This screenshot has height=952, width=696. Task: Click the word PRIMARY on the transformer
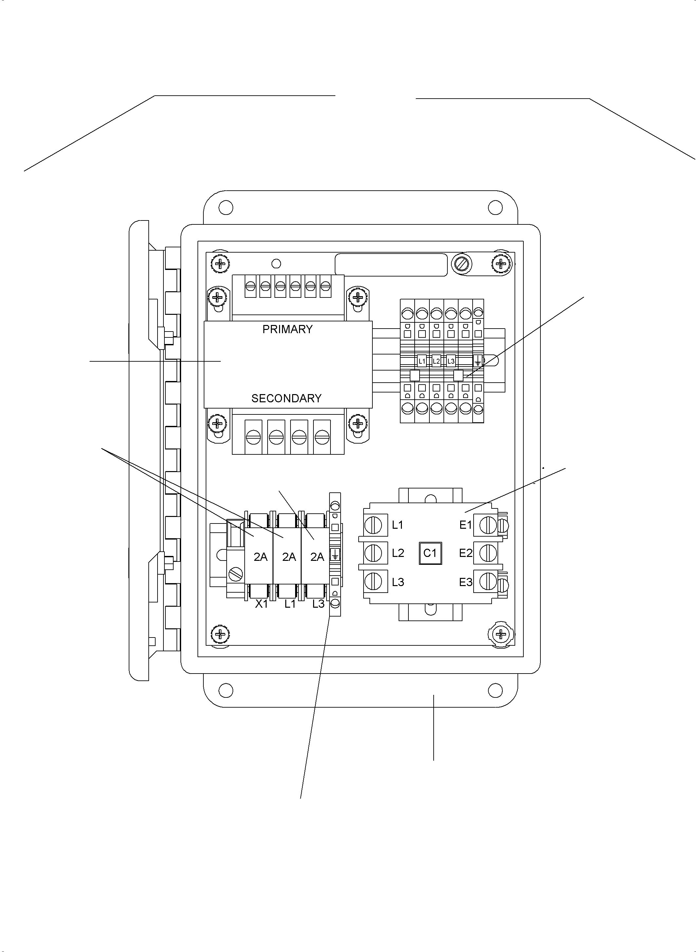(x=287, y=330)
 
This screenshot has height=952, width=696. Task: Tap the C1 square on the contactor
(x=430, y=553)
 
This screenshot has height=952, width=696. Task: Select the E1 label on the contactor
(x=465, y=525)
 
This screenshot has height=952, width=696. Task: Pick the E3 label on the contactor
(x=465, y=582)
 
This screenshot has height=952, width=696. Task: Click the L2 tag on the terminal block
(x=436, y=361)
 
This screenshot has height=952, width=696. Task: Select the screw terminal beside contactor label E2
(x=488, y=553)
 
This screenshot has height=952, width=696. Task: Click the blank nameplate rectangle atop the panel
(x=391, y=265)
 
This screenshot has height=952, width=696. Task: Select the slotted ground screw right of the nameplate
(x=461, y=265)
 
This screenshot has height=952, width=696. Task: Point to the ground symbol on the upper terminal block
(x=478, y=361)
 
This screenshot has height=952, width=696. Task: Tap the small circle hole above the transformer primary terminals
(x=276, y=264)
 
